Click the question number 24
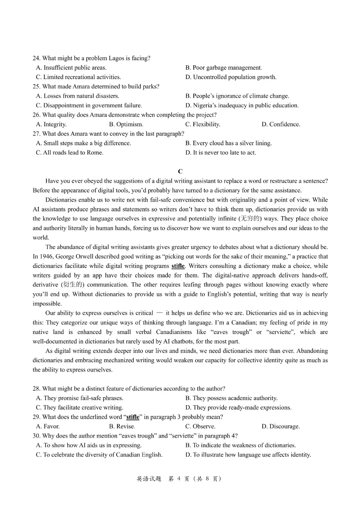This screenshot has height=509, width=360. (36, 58)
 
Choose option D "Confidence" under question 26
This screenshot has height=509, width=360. (281, 124)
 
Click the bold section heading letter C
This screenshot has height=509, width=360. (180, 171)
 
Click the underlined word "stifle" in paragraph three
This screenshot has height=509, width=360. (178, 266)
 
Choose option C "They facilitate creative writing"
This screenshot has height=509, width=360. (80, 407)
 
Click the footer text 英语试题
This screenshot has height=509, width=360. (149, 479)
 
